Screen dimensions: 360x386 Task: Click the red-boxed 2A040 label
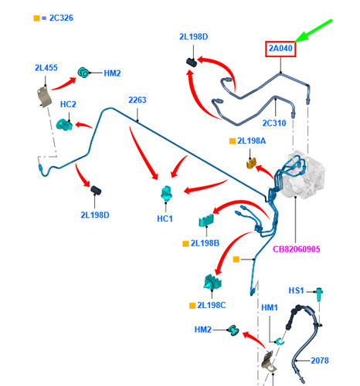(x=280, y=49)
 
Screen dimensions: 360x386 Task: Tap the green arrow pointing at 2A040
(x=313, y=30)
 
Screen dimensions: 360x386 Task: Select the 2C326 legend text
(x=61, y=18)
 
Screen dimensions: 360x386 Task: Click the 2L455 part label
(x=46, y=68)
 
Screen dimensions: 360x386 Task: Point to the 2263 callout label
(x=138, y=100)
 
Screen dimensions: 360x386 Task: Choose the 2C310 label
(x=274, y=123)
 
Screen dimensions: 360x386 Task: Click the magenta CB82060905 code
(x=296, y=249)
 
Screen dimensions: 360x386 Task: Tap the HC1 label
(x=165, y=218)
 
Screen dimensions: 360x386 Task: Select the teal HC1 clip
(x=166, y=194)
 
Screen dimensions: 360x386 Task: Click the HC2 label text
(x=68, y=104)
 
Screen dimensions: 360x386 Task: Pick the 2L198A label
(x=251, y=141)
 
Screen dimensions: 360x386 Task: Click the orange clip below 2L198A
(x=252, y=164)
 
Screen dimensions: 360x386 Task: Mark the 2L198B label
(x=205, y=243)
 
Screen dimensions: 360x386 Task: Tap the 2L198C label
(x=212, y=305)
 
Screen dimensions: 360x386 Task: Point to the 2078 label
(x=320, y=361)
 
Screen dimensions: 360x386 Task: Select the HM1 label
(x=270, y=307)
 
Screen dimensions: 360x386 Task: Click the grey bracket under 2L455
(x=45, y=96)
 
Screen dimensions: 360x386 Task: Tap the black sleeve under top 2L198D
(x=192, y=62)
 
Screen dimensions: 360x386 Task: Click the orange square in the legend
(x=36, y=19)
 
